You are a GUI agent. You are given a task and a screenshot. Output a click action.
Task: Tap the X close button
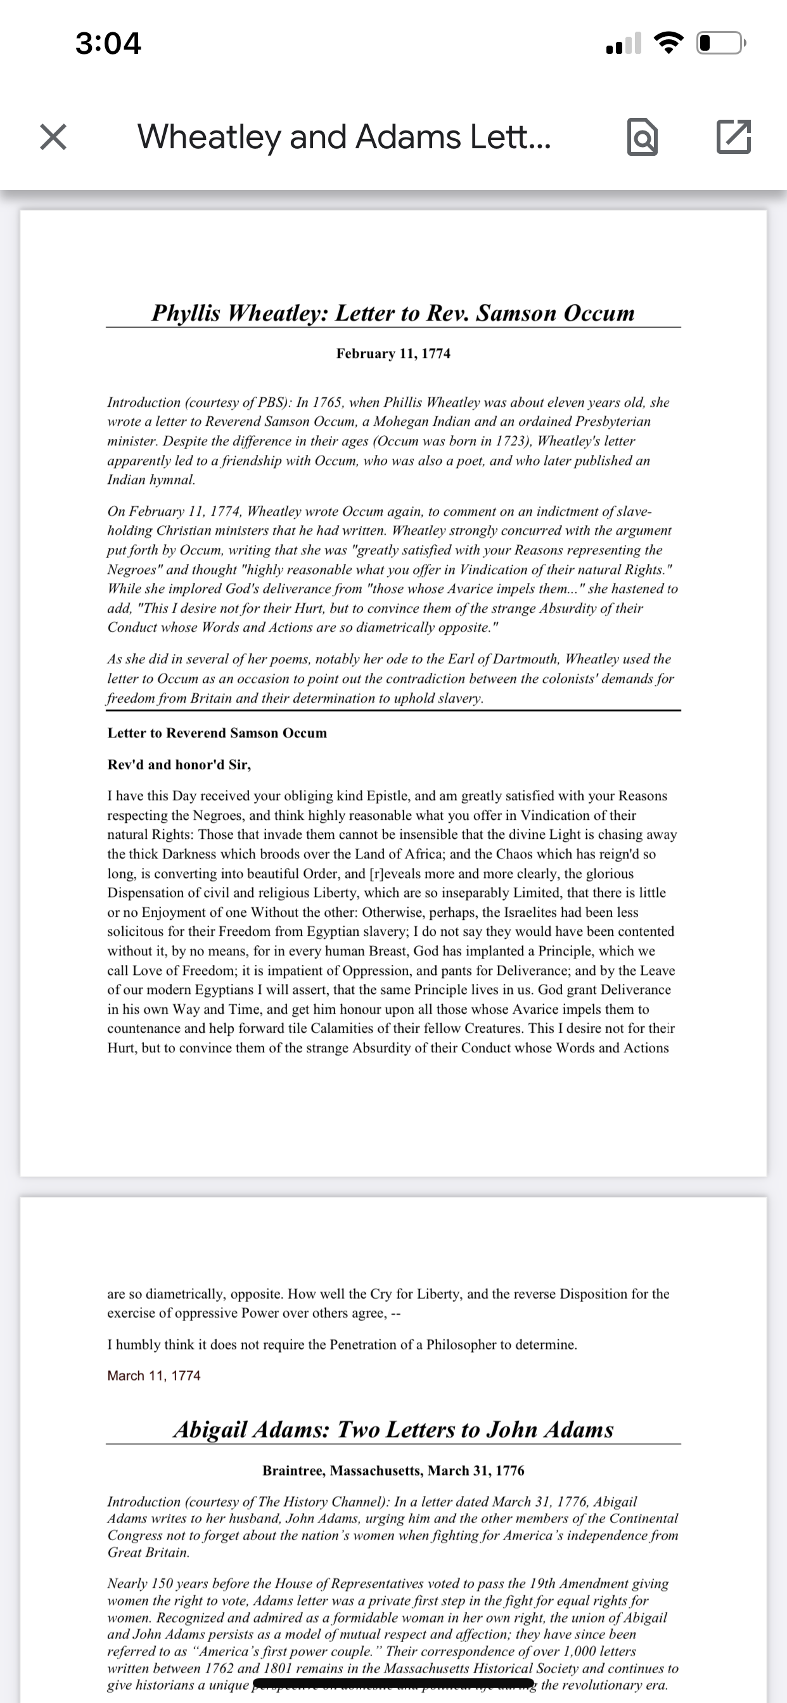coord(53,137)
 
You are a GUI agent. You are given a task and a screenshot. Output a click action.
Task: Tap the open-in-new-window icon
coord(733,137)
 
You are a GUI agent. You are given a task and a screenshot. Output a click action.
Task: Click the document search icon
coord(642,137)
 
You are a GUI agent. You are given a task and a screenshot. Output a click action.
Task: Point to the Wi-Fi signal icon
coord(669,44)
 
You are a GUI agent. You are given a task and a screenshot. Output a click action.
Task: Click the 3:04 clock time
coord(108,44)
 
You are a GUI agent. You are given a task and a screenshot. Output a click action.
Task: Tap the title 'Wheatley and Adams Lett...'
coord(344,137)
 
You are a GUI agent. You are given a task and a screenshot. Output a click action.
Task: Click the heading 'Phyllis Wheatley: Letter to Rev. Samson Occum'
coord(393,313)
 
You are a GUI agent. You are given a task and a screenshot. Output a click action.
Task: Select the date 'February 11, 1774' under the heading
coord(393,354)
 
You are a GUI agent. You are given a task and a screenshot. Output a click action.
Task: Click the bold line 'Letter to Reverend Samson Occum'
coord(217,733)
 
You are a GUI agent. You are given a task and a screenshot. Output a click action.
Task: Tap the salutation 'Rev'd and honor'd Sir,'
coord(179,765)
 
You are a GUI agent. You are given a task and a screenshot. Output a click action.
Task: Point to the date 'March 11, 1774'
coord(154,1375)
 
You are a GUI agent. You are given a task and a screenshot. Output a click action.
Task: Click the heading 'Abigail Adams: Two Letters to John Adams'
coord(393,1430)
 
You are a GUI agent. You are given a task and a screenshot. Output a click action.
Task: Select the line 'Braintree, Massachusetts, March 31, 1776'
coord(393,1471)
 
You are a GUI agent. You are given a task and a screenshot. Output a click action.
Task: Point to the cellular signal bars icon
coord(623,44)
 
